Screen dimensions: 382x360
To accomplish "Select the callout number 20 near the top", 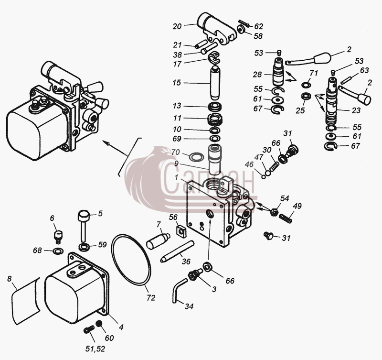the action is click(177, 26).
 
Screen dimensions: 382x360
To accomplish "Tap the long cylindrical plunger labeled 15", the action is click(215, 82).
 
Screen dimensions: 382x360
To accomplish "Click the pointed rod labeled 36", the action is click(177, 251).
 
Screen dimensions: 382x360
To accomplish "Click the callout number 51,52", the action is click(95, 349).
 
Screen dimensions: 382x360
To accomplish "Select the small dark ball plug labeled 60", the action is click(99, 324).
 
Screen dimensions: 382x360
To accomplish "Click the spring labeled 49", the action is click(285, 218).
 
